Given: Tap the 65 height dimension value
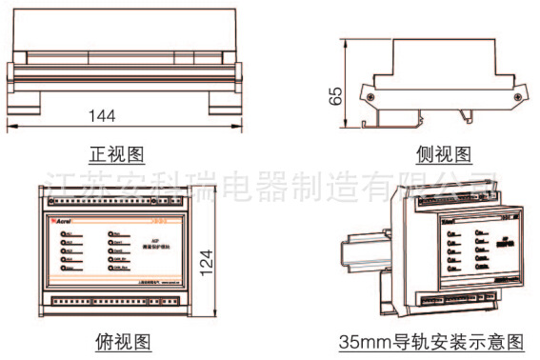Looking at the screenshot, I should [x=334, y=96].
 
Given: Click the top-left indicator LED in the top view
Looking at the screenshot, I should [x=65, y=234].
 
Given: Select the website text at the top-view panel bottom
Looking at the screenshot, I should [x=170, y=282].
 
